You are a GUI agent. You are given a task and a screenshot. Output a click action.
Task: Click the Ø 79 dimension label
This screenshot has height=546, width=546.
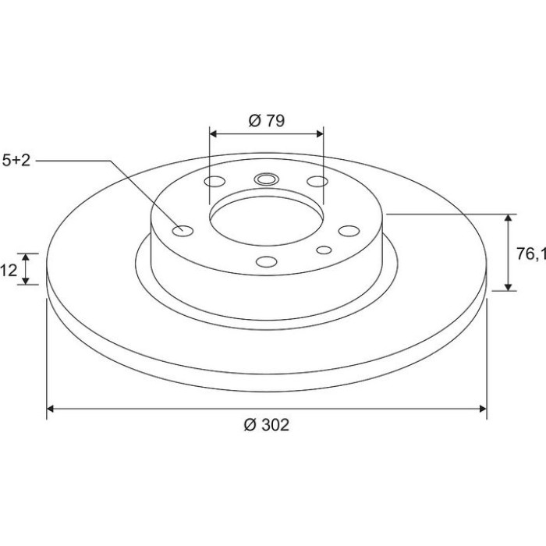[267, 121]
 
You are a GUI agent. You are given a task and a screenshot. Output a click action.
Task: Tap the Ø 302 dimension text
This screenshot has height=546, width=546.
[267, 425]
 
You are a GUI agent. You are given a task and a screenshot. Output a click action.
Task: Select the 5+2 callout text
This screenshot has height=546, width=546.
[16, 161]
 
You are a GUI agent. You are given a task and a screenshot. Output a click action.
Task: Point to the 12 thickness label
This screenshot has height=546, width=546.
[9, 270]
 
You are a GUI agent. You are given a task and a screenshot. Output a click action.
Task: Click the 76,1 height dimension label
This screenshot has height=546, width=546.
[530, 254]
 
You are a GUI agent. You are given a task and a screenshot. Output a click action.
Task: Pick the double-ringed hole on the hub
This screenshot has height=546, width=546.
[267, 179]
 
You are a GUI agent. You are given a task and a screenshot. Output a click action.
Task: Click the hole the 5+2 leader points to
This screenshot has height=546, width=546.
[183, 231]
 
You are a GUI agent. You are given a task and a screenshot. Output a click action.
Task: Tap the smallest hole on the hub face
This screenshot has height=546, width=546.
[324, 250]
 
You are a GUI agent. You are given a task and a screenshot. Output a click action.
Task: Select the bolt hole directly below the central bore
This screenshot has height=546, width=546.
[267, 261]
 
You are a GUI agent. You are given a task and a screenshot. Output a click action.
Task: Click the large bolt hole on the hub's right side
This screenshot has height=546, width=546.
[349, 231]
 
